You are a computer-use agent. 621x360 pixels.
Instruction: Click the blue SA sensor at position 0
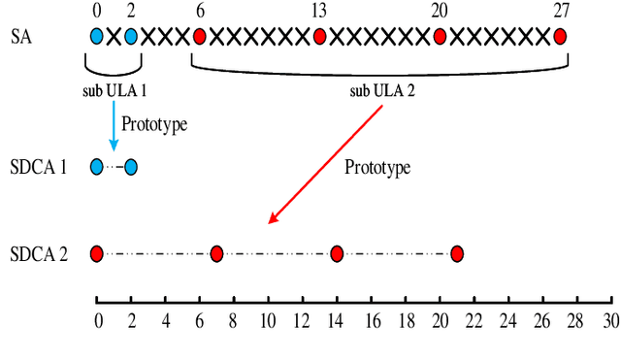[96, 38]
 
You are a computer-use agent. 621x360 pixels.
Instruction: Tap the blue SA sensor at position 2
[130, 38]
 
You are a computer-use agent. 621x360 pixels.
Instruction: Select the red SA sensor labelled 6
[199, 38]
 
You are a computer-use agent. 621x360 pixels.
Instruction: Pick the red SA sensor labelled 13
[319, 38]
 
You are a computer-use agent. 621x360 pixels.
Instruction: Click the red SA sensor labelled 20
[440, 38]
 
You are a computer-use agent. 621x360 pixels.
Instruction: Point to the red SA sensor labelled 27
[560, 38]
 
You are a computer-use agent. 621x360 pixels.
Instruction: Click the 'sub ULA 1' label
[113, 94]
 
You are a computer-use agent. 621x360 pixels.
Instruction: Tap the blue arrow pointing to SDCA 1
[114, 120]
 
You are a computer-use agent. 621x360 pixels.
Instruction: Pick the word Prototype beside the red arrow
[378, 167]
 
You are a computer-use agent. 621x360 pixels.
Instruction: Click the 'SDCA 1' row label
[39, 167]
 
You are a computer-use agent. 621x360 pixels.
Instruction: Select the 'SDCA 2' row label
[39, 254]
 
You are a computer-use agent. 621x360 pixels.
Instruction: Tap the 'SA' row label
[21, 38]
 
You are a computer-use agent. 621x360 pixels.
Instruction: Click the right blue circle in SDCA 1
[130, 167]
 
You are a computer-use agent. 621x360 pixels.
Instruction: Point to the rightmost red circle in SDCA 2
[456, 254]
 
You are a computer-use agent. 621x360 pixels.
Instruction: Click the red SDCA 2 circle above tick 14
[336, 254]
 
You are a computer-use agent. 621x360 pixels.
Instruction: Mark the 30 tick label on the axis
[610, 321]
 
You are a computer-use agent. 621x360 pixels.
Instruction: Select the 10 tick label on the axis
[268, 321]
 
